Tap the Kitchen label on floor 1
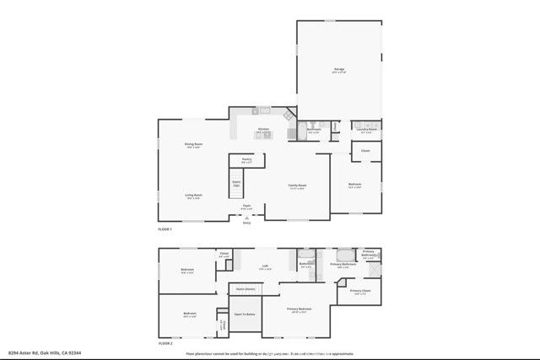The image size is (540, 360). coord(263,129)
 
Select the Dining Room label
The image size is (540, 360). coord(194,144)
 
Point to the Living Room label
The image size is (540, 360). coord(194,195)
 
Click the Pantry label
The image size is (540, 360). coord(246,159)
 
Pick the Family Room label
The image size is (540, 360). coord(297,185)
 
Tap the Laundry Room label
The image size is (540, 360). coord(365,130)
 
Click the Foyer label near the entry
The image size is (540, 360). coord(247,206)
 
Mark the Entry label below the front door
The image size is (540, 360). coord(247,223)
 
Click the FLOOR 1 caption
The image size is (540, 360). coord(165,229)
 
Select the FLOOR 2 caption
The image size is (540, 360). coord(165,344)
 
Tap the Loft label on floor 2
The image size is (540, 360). coord(264,265)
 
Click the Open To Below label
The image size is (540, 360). coord(246,314)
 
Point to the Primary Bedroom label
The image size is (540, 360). coord(299,309)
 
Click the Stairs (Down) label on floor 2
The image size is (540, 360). coord(246,288)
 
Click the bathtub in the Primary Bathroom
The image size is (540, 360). coord(346,254)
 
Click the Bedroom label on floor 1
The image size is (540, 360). coord(355,185)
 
